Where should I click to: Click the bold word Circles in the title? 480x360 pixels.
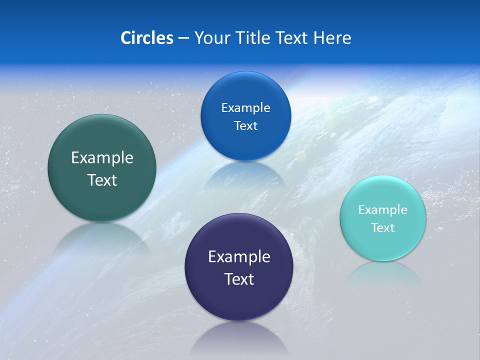pyautogui.click(x=146, y=37)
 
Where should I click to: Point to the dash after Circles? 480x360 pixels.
pyautogui.click(x=183, y=38)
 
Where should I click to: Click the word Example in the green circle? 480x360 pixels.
pyautogui.click(x=102, y=157)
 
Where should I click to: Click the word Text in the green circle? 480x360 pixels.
pyautogui.click(x=102, y=180)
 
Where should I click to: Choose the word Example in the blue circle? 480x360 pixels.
pyautogui.click(x=245, y=107)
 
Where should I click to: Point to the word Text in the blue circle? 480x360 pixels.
pyautogui.click(x=245, y=125)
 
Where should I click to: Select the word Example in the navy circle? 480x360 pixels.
pyautogui.click(x=239, y=256)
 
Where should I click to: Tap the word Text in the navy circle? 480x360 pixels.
pyautogui.click(x=239, y=279)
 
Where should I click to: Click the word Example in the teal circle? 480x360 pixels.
pyautogui.click(x=383, y=209)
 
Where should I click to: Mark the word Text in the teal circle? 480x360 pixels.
pyautogui.click(x=383, y=227)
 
